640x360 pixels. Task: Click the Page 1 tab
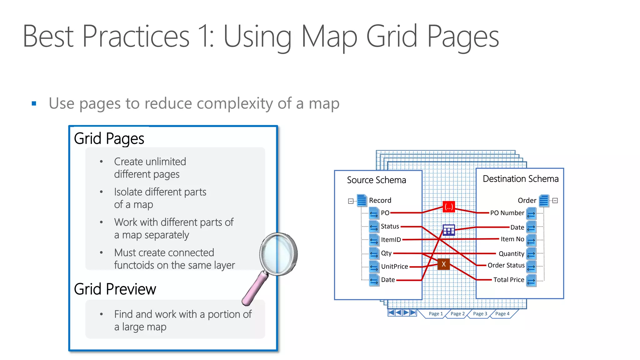pyautogui.click(x=435, y=313)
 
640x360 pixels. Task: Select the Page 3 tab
pyautogui.click(x=480, y=313)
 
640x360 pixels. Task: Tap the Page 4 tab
pyautogui.click(x=502, y=313)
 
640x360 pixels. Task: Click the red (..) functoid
pyautogui.click(x=449, y=207)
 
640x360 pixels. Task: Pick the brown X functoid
pyautogui.click(x=443, y=264)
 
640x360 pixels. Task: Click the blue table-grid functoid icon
pyautogui.click(x=449, y=230)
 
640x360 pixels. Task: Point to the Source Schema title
pyautogui.click(x=376, y=180)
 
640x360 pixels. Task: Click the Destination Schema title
pyautogui.click(x=520, y=179)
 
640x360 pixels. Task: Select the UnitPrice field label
pyautogui.click(x=394, y=267)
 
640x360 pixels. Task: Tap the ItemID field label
pyautogui.click(x=391, y=240)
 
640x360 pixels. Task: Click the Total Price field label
pyautogui.click(x=508, y=280)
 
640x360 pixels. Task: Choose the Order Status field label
pyautogui.click(x=506, y=265)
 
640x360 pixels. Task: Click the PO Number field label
pyautogui.click(x=507, y=213)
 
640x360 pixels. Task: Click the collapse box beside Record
pyautogui.click(x=351, y=201)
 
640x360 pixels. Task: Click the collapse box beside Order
pyautogui.click(x=555, y=201)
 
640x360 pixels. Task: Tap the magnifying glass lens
pyautogui.click(x=278, y=253)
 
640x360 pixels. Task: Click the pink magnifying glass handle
pyautogui.click(x=255, y=289)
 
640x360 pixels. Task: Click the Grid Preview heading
pyautogui.click(x=115, y=289)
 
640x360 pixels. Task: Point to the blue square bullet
pyautogui.click(x=34, y=103)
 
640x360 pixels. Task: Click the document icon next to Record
pyautogui.click(x=362, y=200)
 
